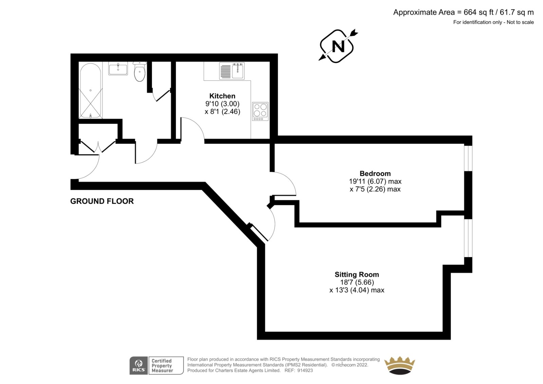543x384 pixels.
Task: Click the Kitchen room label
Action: pos(222,96)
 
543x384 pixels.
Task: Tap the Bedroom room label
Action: pos(375,173)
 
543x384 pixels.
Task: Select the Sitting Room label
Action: pos(357,274)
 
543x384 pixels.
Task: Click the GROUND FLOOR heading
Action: pos(102,201)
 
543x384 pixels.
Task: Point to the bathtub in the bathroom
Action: pos(90,91)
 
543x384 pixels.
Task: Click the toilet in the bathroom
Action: pos(139,71)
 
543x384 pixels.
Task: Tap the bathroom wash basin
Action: pos(118,68)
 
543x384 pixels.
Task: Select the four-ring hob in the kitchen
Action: pos(260,111)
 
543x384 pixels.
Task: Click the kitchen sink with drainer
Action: pos(232,71)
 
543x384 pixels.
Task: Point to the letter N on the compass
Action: pos(338,46)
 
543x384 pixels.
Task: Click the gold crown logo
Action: pos(399,366)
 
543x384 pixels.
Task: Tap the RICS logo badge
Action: pos(139,366)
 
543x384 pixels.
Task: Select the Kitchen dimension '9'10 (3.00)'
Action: pos(223,104)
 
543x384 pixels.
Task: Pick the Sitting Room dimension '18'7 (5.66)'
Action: pos(357,282)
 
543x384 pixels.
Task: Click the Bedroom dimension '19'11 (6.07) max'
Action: pos(375,181)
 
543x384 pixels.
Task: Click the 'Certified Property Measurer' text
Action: pos(163,366)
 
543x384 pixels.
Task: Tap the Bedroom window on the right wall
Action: pos(468,159)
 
